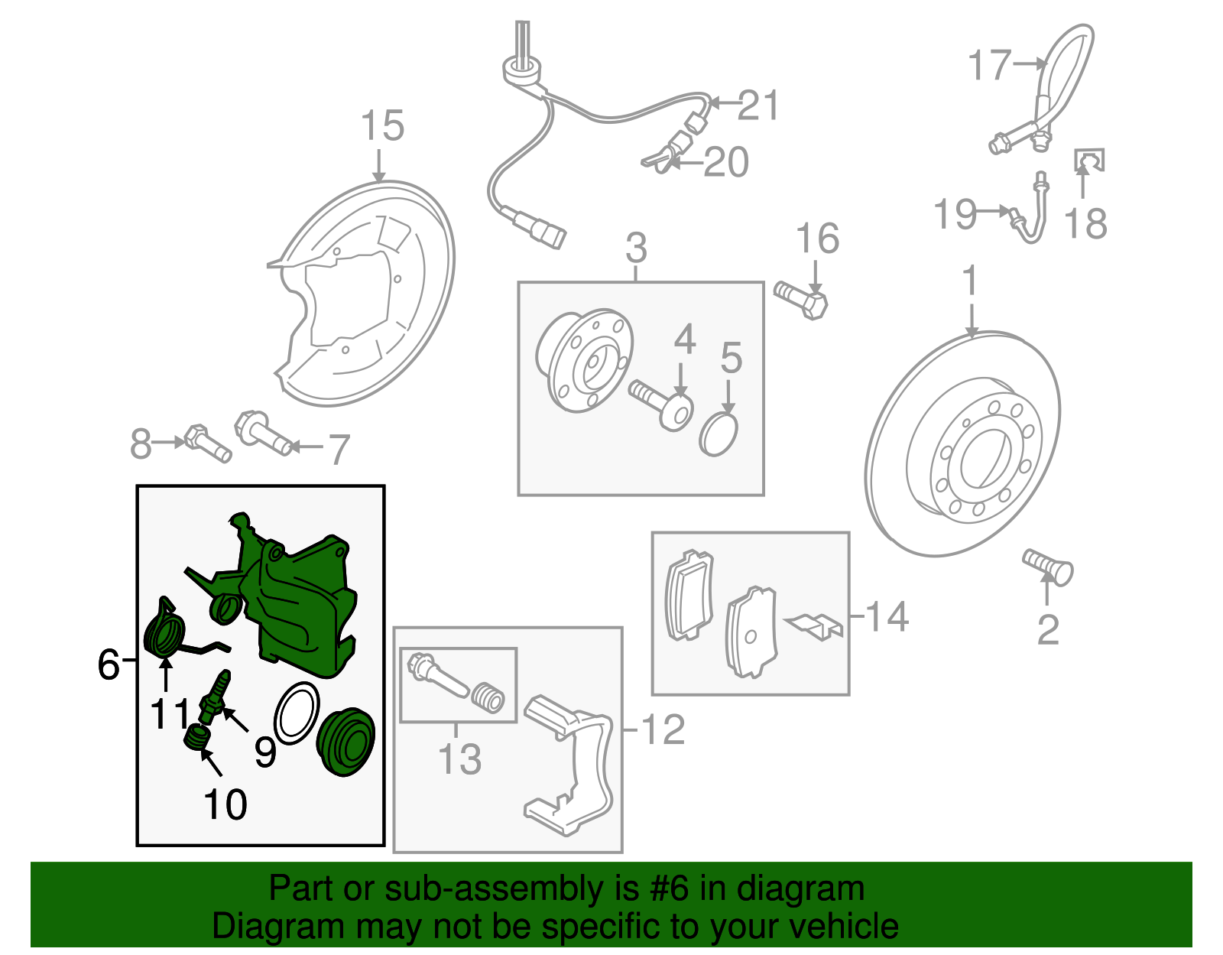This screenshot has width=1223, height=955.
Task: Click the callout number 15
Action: (x=381, y=126)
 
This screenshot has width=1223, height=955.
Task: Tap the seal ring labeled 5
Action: (x=719, y=434)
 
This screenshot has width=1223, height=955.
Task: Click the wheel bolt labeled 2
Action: (x=1049, y=568)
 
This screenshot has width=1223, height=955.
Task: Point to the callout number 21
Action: (x=757, y=106)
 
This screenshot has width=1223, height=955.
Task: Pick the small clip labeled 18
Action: (x=1089, y=160)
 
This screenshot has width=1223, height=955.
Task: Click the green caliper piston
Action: (x=345, y=742)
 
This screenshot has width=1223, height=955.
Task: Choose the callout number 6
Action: (x=109, y=664)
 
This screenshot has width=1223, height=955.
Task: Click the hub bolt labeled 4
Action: (x=662, y=404)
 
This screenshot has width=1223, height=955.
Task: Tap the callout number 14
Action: (x=887, y=616)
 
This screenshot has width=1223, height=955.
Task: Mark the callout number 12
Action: (x=663, y=730)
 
